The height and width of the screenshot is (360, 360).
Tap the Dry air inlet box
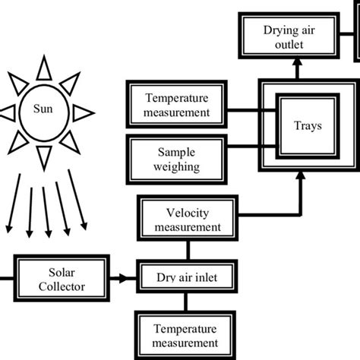pos(187,278)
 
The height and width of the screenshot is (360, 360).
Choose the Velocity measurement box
pos(187,219)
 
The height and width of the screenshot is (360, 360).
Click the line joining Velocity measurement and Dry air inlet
pos(187,248)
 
